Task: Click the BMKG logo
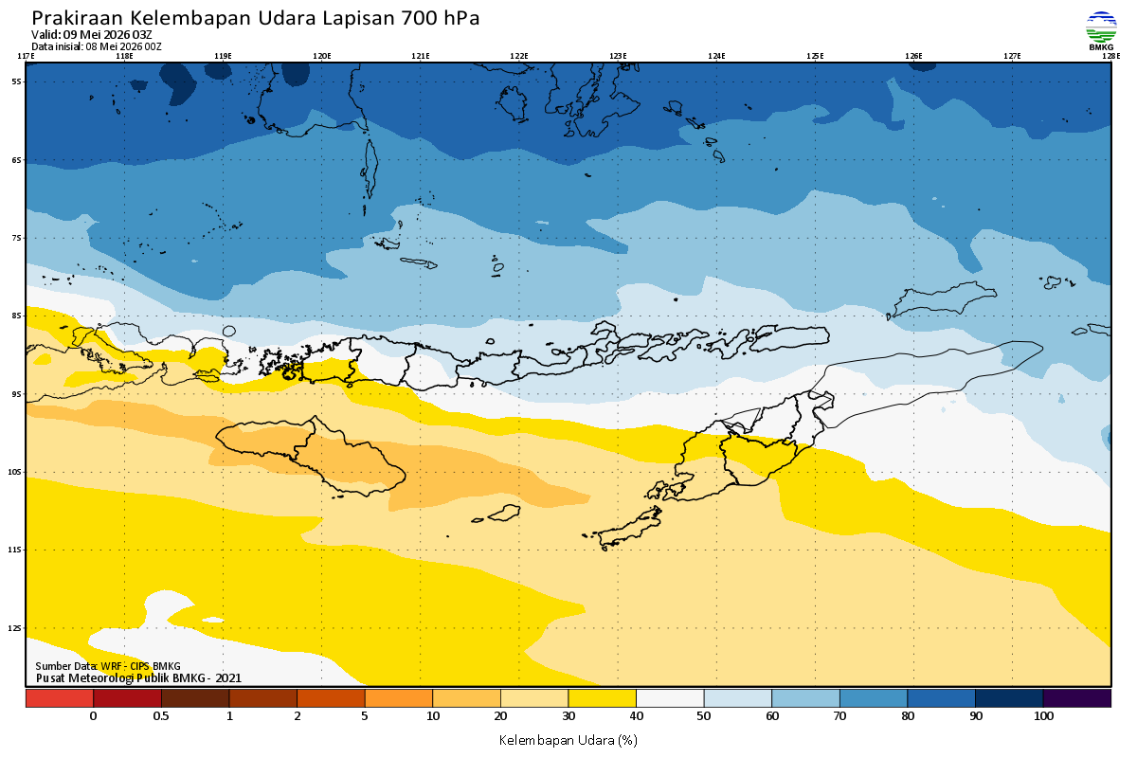[1101, 30]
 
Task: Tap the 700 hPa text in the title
[440, 18]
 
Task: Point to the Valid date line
[91, 34]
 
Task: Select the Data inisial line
[97, 46]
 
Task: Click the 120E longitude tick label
[322, 56]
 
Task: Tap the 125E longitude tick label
[815, 56]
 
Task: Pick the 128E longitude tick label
[1110, 56]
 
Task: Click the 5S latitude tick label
[16, 81]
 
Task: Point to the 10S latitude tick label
[15, 472]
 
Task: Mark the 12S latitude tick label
[15, 628]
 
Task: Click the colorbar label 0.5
[161, 716]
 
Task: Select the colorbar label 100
[1043, 716]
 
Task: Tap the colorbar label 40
[636, 716]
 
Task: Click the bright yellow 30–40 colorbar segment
[602, 698]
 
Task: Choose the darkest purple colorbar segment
[1077, 698]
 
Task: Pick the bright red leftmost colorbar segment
[60, 698]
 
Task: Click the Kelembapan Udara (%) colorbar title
[568, 740]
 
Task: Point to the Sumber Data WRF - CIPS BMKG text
[108, 666]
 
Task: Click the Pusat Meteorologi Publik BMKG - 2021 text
[138, 678]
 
